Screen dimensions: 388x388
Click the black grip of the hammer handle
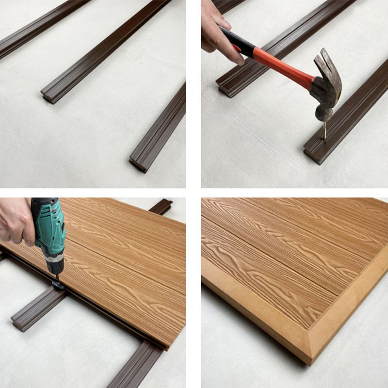238,42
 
